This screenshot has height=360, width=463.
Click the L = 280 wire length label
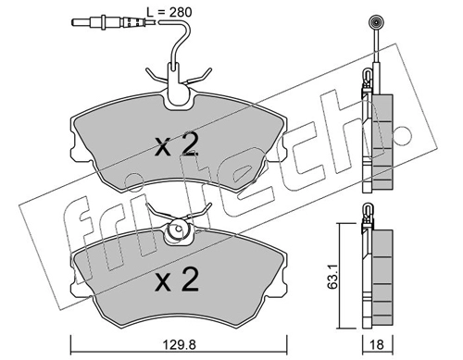click(169, 12)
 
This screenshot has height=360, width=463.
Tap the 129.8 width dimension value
click(180, 344)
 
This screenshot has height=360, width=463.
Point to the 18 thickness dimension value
click(378, 344)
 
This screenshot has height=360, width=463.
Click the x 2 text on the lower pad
click(177, 279)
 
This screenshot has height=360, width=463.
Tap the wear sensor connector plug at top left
click(109, 22)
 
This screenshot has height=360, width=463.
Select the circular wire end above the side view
click(376, 22)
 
